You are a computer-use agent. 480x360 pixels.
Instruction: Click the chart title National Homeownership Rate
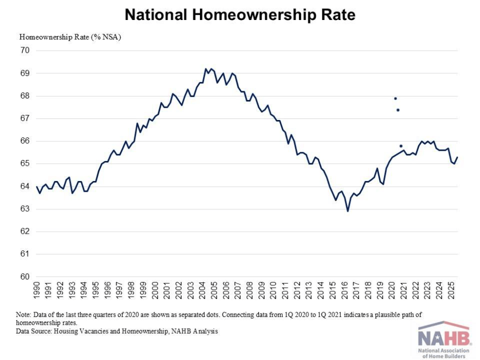pyautogui.click(x=240, y=15)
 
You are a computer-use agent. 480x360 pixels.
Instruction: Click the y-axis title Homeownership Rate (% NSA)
pyautogui.click(x=70, y=37)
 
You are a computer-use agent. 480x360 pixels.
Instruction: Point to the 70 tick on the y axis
pyautogui.click(x=25, y=51)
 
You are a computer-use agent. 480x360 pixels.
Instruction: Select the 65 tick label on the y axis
pyautogui.click(x=25, y=164)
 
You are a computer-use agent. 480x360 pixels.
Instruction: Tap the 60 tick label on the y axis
pyautogui.click(x=25, y=277)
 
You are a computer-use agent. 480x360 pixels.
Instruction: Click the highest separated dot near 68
pyautogui.click(x=395, y=98)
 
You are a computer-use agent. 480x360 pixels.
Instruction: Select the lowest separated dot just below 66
pyautogui.click(x=401, y=146)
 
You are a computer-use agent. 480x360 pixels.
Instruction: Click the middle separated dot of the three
pyautogui.click(x=398, y=110)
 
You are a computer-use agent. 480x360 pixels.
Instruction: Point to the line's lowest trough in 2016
pyautogui.click(x=348, y=211)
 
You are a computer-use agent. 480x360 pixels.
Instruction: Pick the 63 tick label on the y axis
pyautogui.click(x=25, y=209)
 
